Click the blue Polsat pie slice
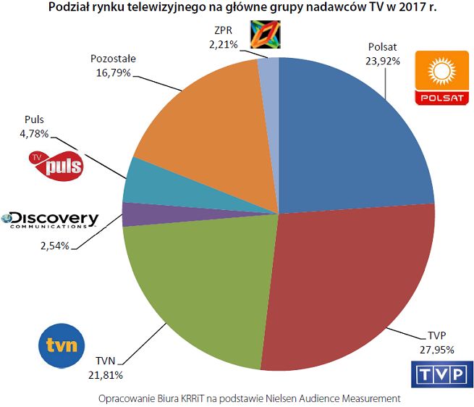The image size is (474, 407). (347, 138)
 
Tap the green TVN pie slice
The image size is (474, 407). (195, 290)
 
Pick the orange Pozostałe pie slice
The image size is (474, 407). (203, 123)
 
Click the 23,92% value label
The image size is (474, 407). (383, 61)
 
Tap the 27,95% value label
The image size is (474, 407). (436, 349)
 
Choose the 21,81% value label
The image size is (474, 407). (105, 375)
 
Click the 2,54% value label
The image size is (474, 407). (51, 246)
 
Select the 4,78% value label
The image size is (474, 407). (33, 133)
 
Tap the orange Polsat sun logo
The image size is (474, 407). (439, 79)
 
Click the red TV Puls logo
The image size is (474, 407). (55, 166)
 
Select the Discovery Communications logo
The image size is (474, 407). (51, 219)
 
